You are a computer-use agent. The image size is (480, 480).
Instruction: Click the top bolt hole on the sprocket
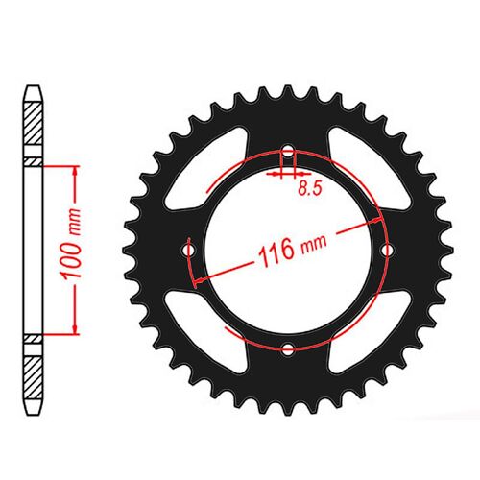287,151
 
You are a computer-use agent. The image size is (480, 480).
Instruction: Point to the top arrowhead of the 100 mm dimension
74,168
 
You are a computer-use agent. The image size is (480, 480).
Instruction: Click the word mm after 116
311,247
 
